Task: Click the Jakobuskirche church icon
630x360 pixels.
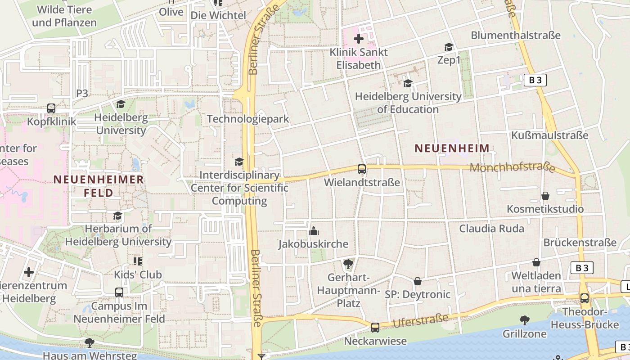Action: (x=314, y=231)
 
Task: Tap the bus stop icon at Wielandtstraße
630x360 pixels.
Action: (x=362, y=169)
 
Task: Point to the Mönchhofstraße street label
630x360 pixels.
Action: (x=512, y=168)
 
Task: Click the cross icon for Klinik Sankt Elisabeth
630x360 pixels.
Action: (x=359, y=39)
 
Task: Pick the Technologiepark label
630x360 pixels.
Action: (x=247, y=119)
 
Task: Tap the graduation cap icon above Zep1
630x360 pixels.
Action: (x=449, y=47)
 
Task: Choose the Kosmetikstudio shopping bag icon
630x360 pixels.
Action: (x=545, y=196)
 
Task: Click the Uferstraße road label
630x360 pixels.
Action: (x=421, y=321)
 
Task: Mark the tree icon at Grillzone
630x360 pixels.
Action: (x=524, y=320)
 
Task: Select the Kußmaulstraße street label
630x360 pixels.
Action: (x=549, y=135)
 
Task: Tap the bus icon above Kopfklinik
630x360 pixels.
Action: (x=51, y=108)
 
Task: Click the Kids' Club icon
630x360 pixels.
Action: (x=138, y=261)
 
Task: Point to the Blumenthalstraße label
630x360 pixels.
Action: (x=516, y=35)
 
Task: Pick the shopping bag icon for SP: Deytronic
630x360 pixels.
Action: (x=418, y=281)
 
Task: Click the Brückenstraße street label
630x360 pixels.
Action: (x=580, y=242)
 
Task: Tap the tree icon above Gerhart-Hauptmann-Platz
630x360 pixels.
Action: (x=348, y=264)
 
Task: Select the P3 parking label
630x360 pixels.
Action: (x=82, y=93)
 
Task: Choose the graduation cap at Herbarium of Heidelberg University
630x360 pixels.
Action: (x=118, y=216)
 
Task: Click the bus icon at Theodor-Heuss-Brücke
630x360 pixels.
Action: (x=585, y=298)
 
